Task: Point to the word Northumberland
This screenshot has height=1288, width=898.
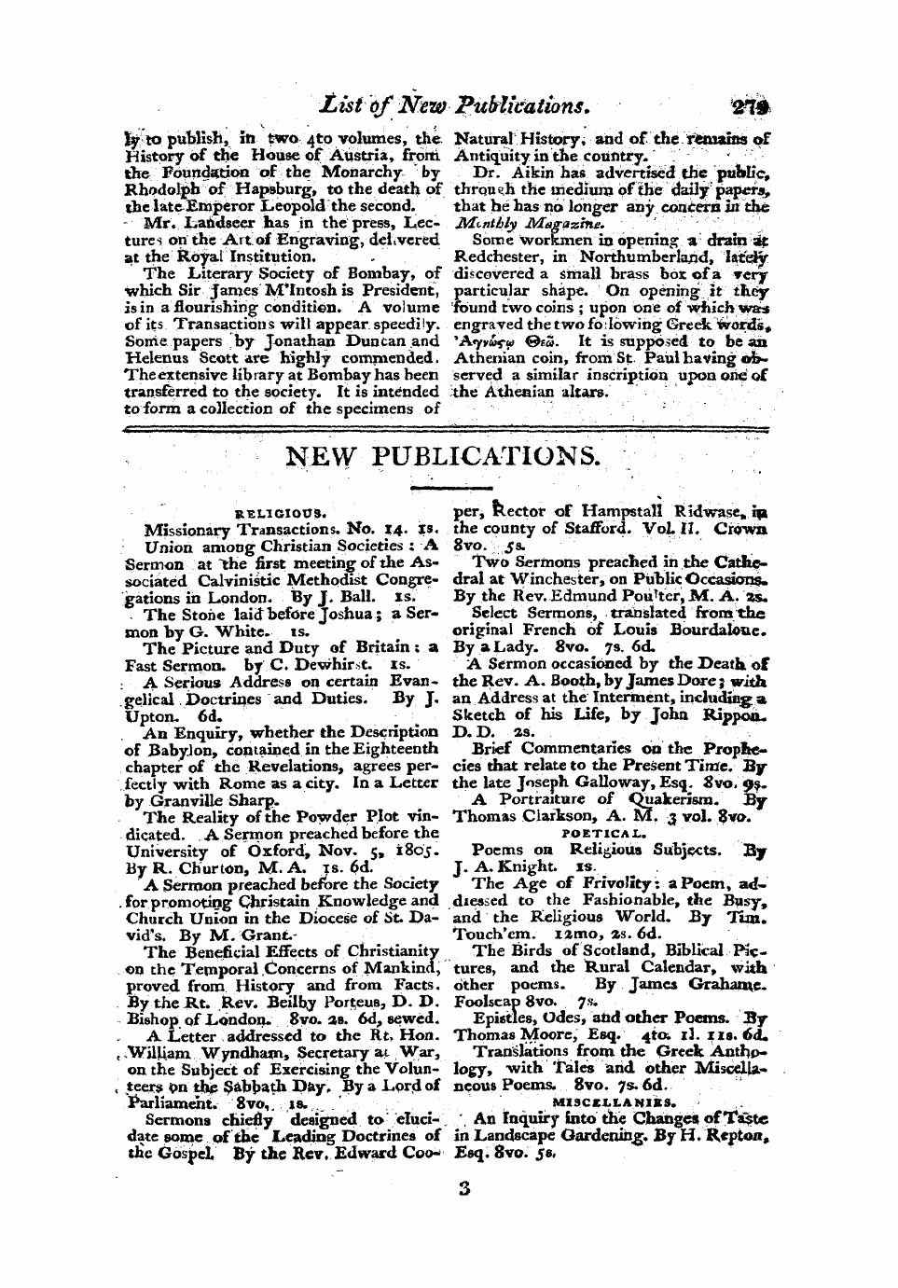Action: [622, 256]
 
